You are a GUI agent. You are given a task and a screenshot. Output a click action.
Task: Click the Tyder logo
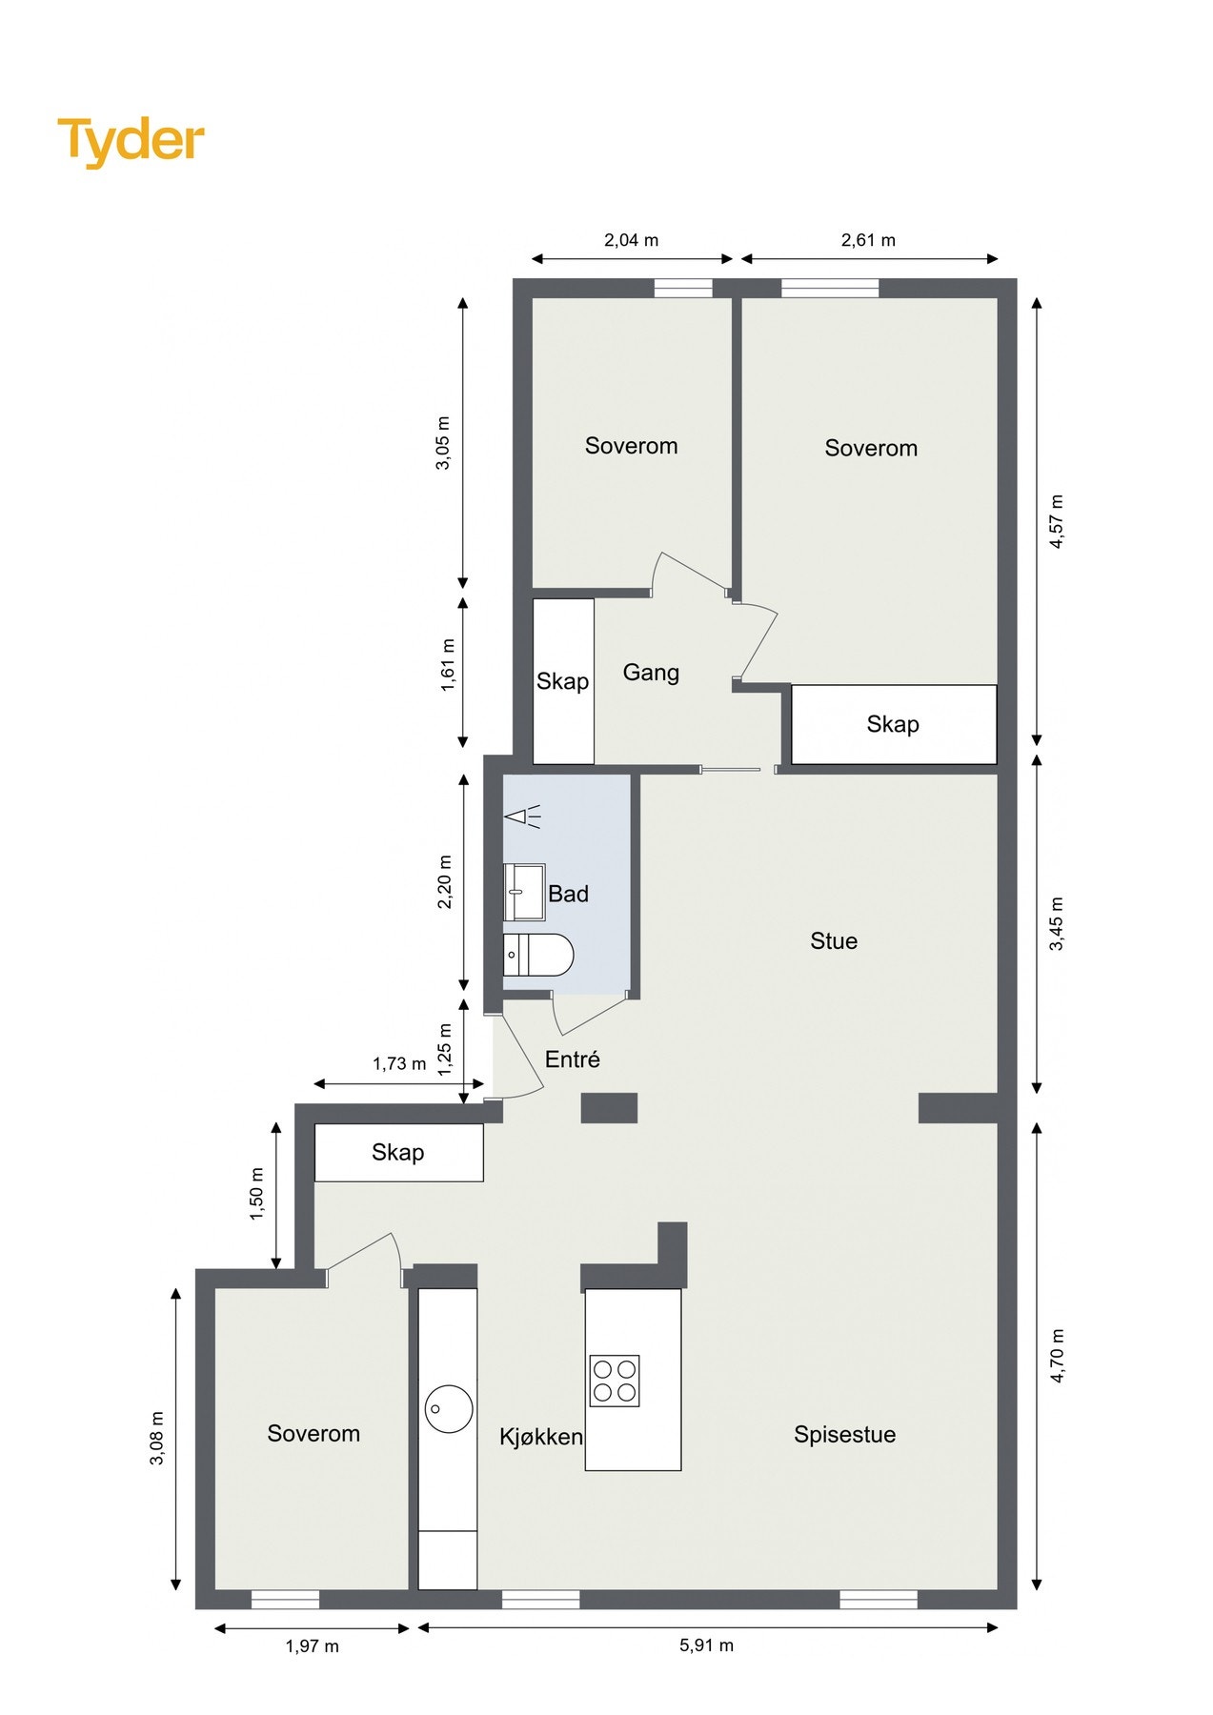pyautogui.click(x=131, y=141)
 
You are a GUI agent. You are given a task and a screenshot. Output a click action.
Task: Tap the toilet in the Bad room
pyautogui.click(x=538, y=955)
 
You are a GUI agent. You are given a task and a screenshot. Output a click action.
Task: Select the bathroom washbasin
pyautogui.click(x=524, y=892)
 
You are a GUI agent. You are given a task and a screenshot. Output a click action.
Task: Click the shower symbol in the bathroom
pyautogui.click(x=522, y=816)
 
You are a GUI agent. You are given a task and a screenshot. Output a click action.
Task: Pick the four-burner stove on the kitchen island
pyautogui.click(x=615, y=1381)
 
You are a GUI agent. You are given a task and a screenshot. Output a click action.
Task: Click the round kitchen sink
pyautogui.click(x=449, y=1408)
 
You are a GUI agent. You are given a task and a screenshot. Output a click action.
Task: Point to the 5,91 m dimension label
pyautogui.click(x=706, y=1644)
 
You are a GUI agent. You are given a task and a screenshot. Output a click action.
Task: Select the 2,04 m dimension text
pyautogui.click(x=631, y=240)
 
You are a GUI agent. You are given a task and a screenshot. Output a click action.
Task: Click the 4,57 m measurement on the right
pyautogui.click(x=1056, y=521)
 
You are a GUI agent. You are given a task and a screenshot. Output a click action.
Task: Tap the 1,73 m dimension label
pyautogui.click(x=399, y=1063)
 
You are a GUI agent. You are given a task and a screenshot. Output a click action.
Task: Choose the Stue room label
pyautogui.click(x=834, y=941)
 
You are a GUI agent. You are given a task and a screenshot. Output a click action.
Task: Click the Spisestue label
pyautogui.click(x=845, y=1434)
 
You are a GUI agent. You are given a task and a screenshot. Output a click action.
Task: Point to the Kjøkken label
pyautogui.click(x=541, y=1437)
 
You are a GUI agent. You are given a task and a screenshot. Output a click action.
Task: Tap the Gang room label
pyautogui.click(x=651, y=673)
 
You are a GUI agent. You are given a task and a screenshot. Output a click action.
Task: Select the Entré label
pyautogui.click(x=573, y=1059)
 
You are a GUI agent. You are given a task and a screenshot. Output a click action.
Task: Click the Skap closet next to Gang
pyautogui.click(x=563, y=681)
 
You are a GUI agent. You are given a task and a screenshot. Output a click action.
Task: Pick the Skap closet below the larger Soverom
pyautogui.click(x=894, y=724)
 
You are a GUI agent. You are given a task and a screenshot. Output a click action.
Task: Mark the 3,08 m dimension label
pyautogui.click(x=157, y=1439)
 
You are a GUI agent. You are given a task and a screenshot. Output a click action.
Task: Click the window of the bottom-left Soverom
pyautogui.click(x=285, y=1600)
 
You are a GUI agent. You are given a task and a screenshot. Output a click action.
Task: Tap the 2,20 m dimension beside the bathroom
pyautogui.click(x=444, y=881)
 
